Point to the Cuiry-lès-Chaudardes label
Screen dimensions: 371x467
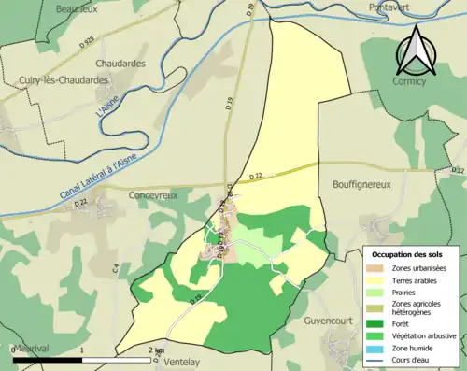pyautogui.click(x=56, y=81)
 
